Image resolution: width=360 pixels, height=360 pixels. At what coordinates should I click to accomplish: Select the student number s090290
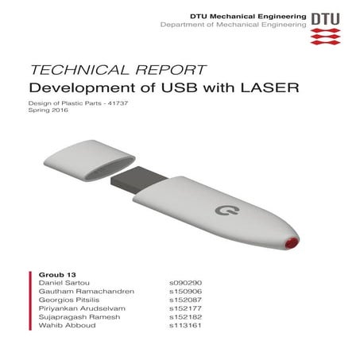point(184,282)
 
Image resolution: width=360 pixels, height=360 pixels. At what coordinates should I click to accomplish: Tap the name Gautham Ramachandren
point(78,292)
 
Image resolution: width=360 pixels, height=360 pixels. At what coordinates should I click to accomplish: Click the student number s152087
point(184,301)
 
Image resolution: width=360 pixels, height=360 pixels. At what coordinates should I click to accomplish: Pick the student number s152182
point(184,319)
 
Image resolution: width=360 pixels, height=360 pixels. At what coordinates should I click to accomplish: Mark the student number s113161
point(184,329)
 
